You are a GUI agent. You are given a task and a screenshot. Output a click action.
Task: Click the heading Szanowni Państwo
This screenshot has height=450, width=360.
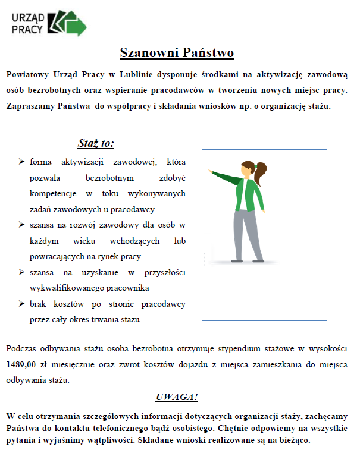point(177,53)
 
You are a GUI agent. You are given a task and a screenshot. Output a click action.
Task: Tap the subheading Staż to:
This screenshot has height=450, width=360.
point(96,143)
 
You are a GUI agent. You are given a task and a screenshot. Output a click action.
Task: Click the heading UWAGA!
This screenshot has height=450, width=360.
point(177,397)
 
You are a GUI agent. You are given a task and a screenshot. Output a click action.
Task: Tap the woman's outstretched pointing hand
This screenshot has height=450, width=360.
point(211,171)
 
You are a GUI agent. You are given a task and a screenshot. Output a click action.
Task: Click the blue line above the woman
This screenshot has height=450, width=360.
point(264,149)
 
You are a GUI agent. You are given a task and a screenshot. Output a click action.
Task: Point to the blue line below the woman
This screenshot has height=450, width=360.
point(264,320)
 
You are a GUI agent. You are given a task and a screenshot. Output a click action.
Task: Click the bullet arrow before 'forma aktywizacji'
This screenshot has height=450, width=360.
point(21,162)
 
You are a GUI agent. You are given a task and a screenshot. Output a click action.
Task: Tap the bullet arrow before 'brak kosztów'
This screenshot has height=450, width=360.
point(21,304)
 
